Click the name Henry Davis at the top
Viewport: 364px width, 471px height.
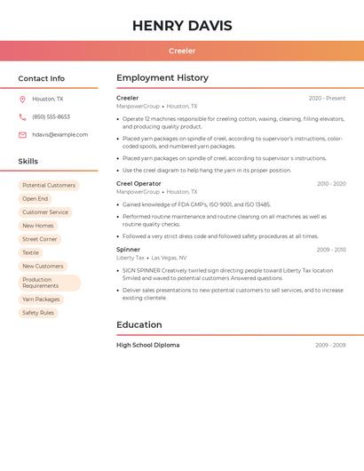tap(182, 26)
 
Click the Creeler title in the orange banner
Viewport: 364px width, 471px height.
tap(182, 51)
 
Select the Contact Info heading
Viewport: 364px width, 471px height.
tap(41, 78)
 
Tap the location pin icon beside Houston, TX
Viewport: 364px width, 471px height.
tap(22, 99)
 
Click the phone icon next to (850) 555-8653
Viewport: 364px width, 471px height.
tap(22, 116)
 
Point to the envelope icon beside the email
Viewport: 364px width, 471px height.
tap(22, 134)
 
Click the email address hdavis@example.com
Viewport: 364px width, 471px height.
tap(59, 134)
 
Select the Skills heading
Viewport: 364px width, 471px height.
tap(28, 161)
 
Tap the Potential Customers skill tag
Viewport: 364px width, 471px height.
tap(49, 186)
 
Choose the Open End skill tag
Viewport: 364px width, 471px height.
tap(36, 199)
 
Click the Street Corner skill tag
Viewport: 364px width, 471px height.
tap(40, 239)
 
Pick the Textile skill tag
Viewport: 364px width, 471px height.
tap(31, 252)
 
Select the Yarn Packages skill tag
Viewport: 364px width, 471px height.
tap(42, 299)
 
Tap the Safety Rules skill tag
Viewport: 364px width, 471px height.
tap(38, 313)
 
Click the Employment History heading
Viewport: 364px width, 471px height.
tap(162, 78)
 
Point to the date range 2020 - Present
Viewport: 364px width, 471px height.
tap(327, 99)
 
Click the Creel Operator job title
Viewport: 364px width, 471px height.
tap(138, 184)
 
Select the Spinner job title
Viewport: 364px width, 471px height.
tap(128, 250)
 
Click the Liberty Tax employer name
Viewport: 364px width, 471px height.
tap(131, 258)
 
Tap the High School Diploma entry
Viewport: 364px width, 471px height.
tap(147, 345)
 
